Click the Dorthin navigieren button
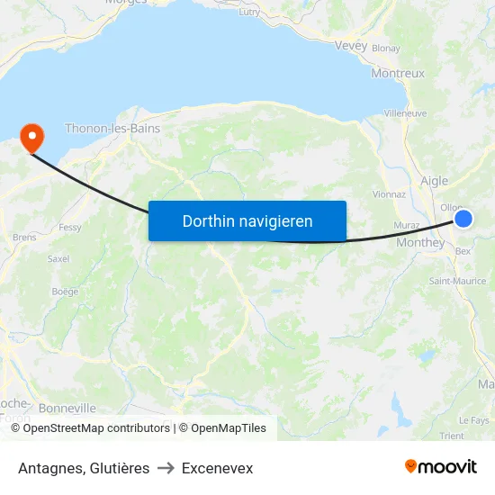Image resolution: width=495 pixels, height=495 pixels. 247,220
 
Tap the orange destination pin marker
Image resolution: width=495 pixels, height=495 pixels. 32,138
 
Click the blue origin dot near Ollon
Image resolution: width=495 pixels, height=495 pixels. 463,219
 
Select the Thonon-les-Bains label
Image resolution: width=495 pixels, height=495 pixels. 112,129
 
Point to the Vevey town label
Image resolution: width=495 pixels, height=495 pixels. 350,46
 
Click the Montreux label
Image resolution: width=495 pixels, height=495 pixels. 397,73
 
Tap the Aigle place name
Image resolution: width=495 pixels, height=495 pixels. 435,181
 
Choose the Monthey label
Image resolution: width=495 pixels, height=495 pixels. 420,242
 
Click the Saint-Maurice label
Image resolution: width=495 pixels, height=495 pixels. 457,281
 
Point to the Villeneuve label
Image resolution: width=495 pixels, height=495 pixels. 405,113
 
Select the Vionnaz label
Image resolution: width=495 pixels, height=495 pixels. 389,193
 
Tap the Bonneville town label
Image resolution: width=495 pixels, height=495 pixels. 67,408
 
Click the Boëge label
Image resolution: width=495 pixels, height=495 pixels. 65,291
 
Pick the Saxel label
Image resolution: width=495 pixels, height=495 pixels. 58,258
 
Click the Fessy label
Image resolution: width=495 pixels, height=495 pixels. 69,228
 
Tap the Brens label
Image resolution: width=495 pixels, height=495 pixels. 24,238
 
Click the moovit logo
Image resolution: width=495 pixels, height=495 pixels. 440,467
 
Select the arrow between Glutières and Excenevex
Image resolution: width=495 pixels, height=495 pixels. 166,468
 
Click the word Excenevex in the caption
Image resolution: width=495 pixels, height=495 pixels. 217,468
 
